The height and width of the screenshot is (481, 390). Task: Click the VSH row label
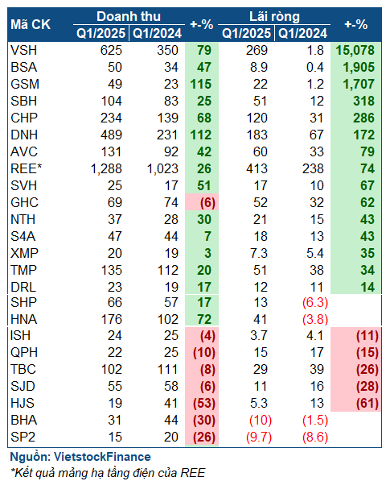coord(23,50)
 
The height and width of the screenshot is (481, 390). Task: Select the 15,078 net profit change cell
coord(355,50)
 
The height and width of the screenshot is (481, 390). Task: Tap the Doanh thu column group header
coord(129,17)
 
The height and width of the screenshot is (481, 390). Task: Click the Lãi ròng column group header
coord(274,17)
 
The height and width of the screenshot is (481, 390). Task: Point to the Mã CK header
coord(31,24)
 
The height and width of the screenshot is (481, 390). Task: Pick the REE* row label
coord(26,168)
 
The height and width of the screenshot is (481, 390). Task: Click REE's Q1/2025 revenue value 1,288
coord(106,168)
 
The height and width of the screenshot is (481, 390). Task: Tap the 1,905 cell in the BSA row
coord(359,67)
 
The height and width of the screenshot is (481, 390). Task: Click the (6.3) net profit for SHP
coord(315,302)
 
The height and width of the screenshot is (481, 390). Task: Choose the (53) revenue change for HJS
coord(204,403)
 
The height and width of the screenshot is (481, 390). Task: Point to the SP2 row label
coord(23,437)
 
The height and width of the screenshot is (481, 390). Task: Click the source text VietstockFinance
coord(102,457)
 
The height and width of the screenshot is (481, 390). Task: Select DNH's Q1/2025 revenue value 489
coord(111,135)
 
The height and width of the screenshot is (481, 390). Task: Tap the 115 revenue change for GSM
coord(201,84)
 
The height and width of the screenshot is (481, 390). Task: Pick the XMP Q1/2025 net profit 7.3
coord(259,253)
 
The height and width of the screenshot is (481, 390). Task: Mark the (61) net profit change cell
coord(367,403)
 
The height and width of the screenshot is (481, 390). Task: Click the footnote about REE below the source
coord(108,472)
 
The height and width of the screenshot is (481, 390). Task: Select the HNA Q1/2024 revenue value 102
coord(167,319)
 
